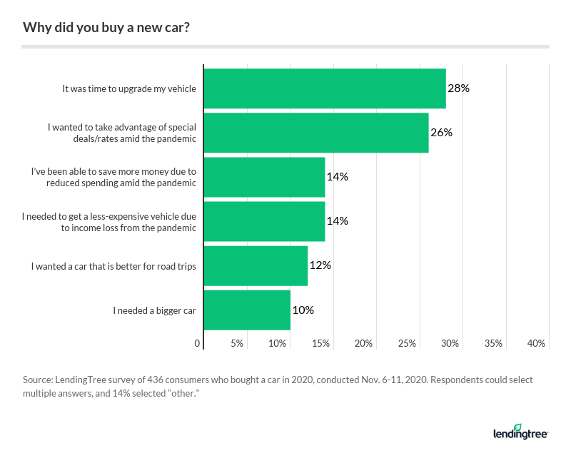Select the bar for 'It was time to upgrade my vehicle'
[x=325, y=88]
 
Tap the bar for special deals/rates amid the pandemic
[x=316, y=133]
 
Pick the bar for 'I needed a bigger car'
[x=247, y=310]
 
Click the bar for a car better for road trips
[x=256, y=265]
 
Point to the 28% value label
[x=458, y=88]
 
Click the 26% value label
[x=441, y=133]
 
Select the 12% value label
[x=320, y=265]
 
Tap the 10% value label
[x=303, y=310]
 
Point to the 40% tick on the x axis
[x=536, y=344]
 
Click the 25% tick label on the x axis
[x=407, y=344]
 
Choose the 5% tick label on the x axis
[x=236, y=344]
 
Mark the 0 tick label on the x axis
[x=198, y=344]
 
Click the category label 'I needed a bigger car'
[x=154, y=310]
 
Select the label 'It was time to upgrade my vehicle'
[x=128, y=89]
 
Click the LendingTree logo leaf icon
[x=517, y=427]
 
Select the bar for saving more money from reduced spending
[x=264, y=177]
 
